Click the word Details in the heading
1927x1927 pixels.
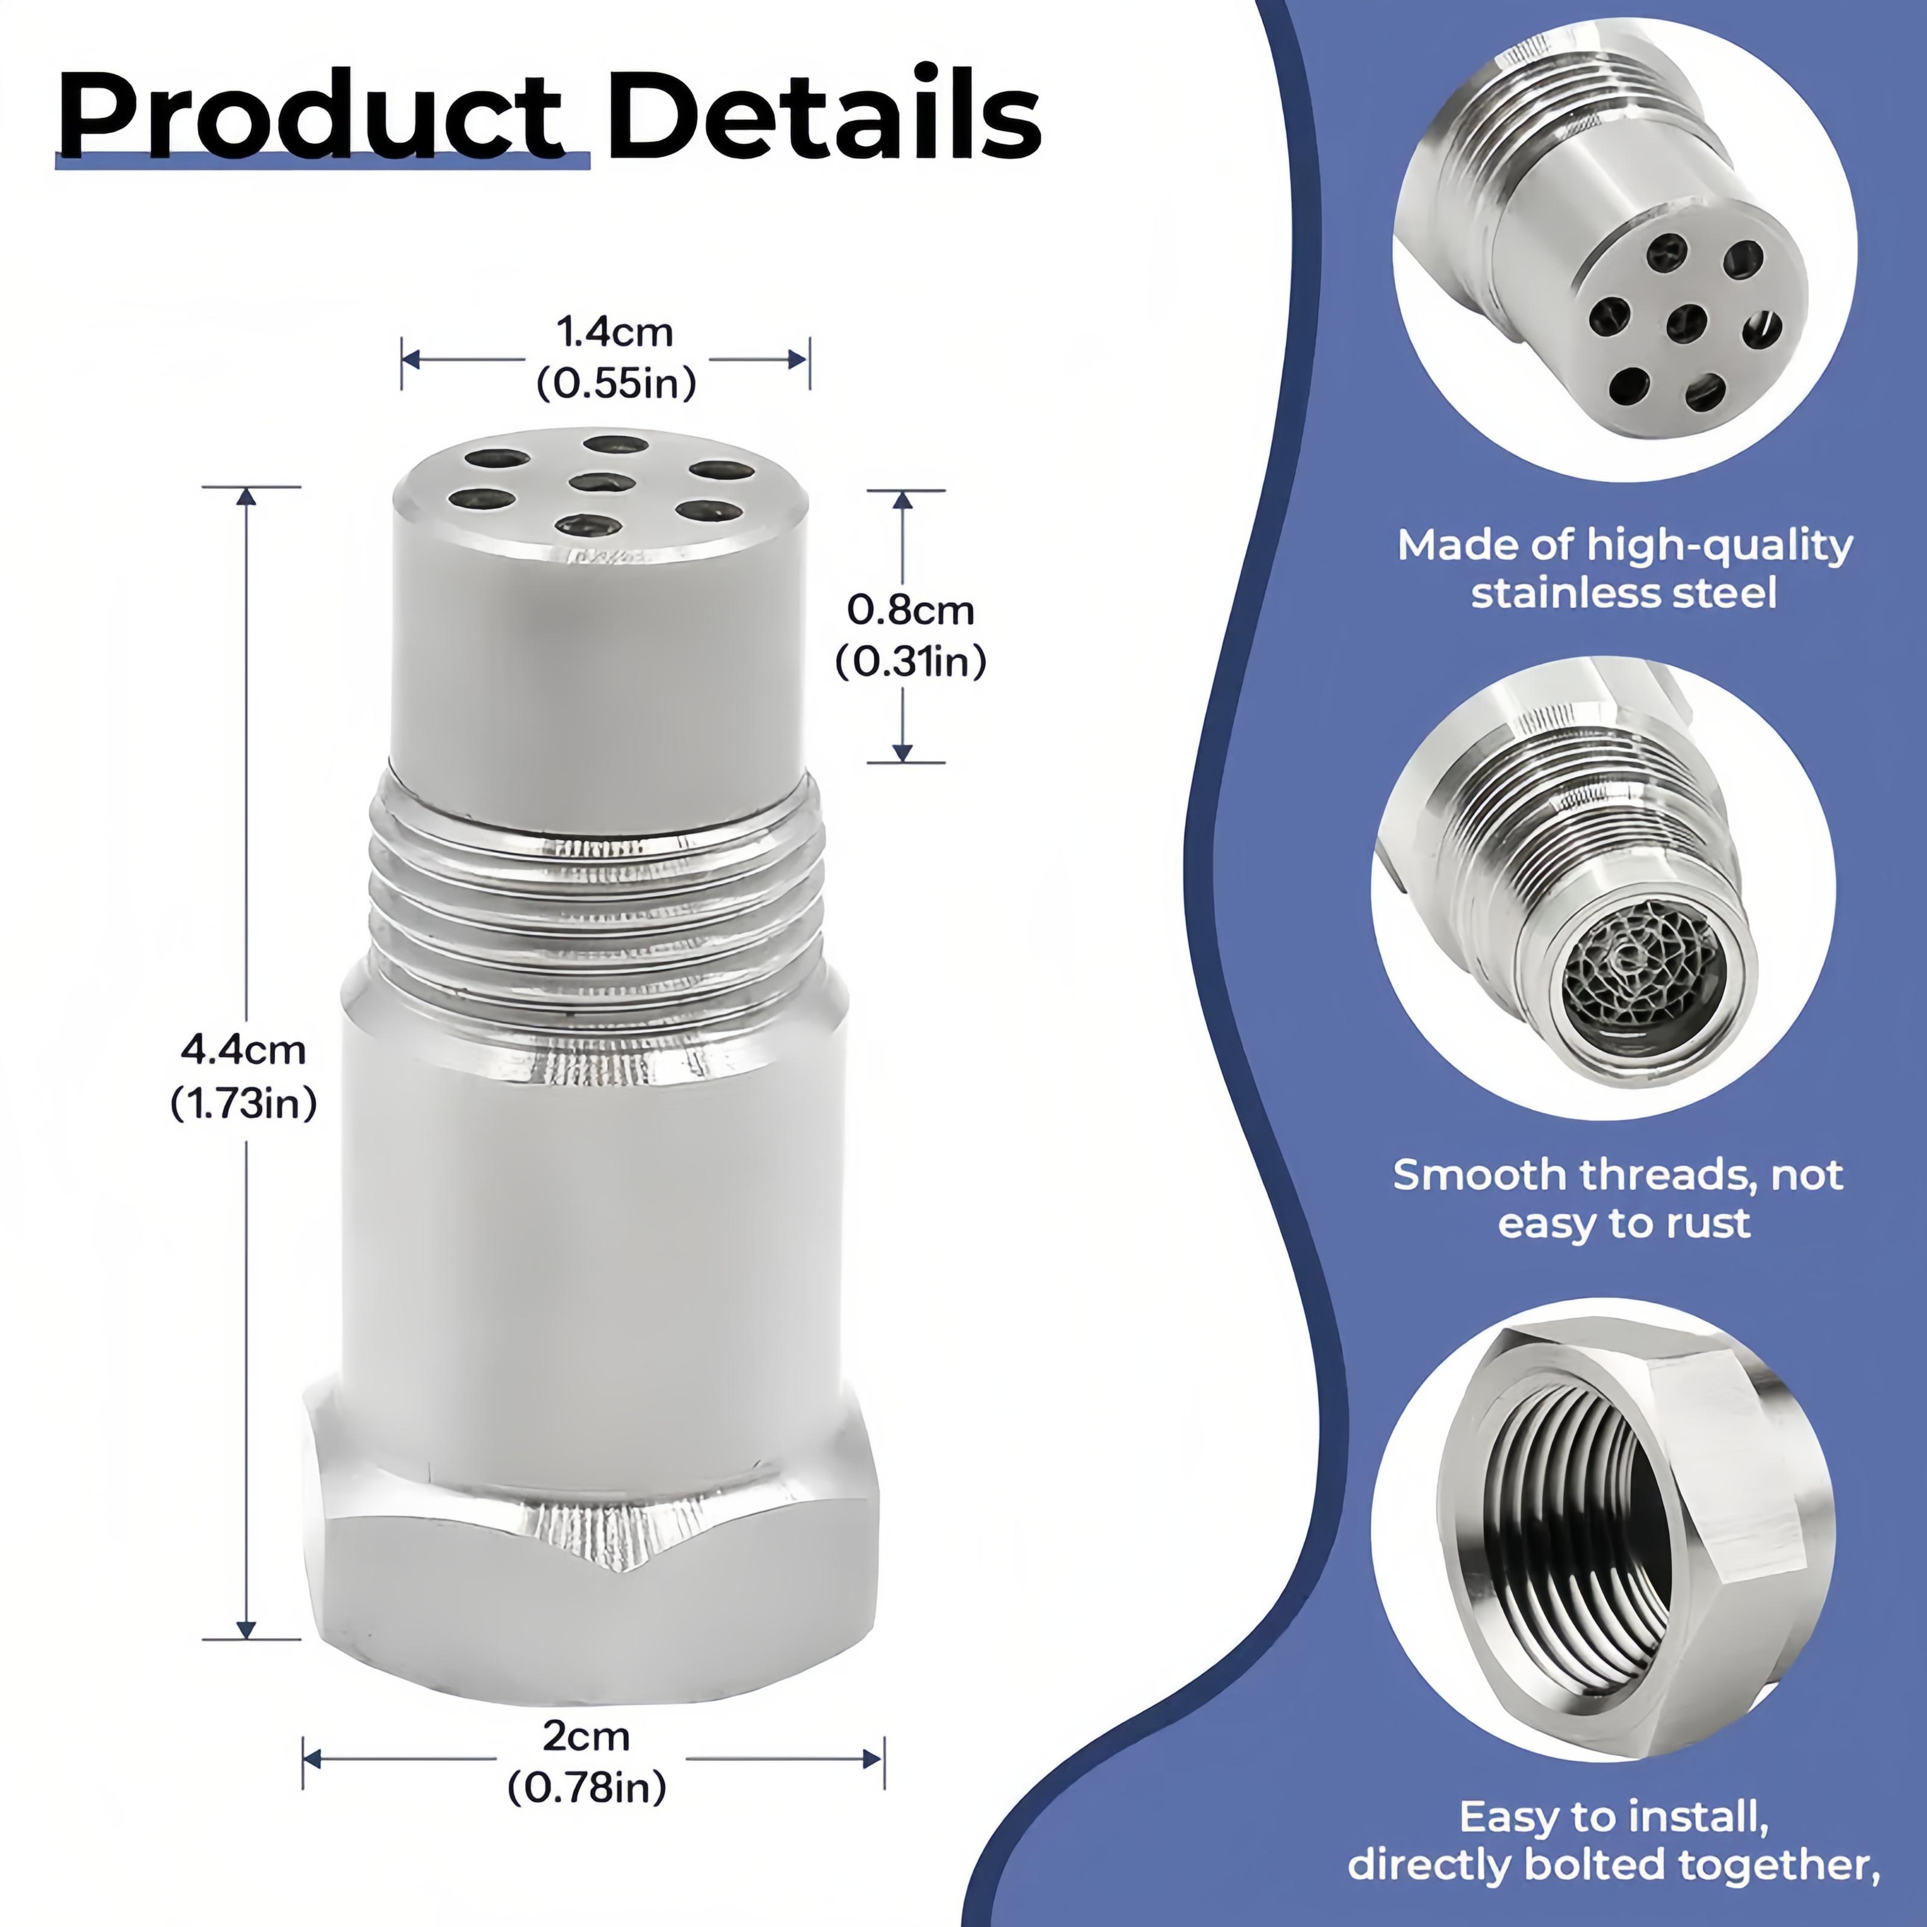pyautogui.click(x=824, y=117)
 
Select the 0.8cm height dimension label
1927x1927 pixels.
pyautogui.click(x=910, y=609)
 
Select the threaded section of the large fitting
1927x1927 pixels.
pyautogui.click(x=596, y=907)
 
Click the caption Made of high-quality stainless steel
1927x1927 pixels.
pyautogui.click(x=1623, y=568)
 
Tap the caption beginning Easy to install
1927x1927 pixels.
pyautogui.click(x=1614, y=1841)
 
